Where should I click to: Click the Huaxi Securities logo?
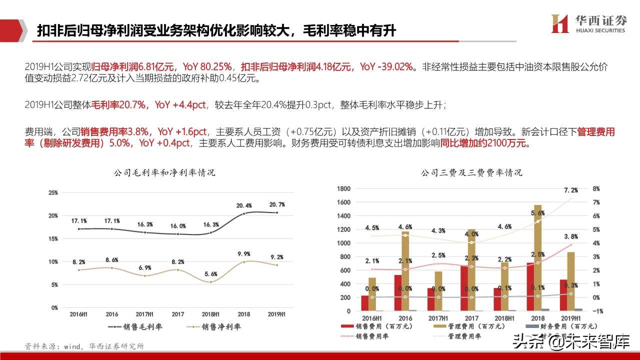click(x=588, y=23)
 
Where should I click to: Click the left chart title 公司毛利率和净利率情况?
click(x=164, y=173)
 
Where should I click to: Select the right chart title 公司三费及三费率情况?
click(x=471, y=173)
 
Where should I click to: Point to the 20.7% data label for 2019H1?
click(x=276, y=204)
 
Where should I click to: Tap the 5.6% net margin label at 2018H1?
click(x=211, y=274)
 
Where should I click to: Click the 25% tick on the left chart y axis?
click(x=53, y=192)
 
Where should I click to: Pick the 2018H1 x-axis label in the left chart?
click(x=210, y=314)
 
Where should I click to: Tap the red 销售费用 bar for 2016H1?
click(x=364, y=303)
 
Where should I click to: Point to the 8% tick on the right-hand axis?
click(x=595, y=189)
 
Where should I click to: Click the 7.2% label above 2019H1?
click(x=570, y=190)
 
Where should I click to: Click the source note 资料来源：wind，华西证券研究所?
click(x=84, y=346)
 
